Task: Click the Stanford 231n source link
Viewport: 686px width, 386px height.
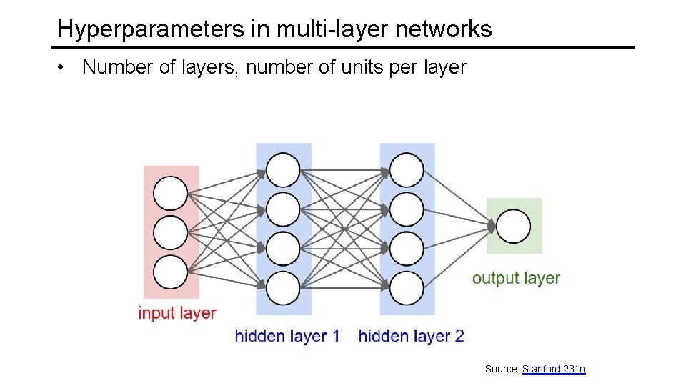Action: pos(554,369)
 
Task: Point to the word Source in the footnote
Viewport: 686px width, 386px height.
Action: pos(501,369)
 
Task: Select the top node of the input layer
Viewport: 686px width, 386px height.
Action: pos(171,193)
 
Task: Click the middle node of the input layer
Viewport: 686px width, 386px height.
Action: pos(171,232)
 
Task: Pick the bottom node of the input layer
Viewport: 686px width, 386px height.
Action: pos(171,272)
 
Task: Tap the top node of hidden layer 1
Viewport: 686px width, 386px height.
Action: pos(283,170)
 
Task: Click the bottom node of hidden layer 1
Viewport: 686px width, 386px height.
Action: pos(283,287)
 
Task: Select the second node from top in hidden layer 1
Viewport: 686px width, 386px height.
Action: pos(283,209)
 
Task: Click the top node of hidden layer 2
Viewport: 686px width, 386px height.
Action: pos(407,170)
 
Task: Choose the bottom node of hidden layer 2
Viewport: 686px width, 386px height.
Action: pos(407,287)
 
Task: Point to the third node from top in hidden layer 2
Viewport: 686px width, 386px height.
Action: pos(407,248)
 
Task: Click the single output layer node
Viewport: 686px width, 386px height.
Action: pos(513,227)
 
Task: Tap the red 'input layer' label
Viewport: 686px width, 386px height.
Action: pos(177,313)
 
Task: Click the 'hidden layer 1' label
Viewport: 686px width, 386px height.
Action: pos(287,336)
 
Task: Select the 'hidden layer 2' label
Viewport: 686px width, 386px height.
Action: pos(411,336)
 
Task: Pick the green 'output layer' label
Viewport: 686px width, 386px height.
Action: pos(516,278)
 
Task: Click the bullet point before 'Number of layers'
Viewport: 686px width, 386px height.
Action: pos(64,68)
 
